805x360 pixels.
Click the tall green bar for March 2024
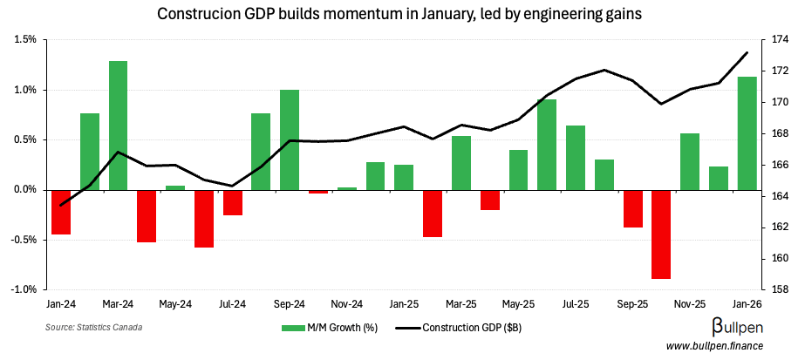coord(118,125)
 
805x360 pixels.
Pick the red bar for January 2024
coord(61,212)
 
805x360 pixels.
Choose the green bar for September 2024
coord(290,139)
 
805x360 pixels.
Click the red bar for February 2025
coord(433,213)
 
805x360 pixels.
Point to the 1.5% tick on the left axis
coord(25,40)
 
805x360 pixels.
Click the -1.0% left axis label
coord(24,289)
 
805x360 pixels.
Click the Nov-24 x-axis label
coord(347,305)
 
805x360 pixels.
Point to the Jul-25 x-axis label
coord(576,305)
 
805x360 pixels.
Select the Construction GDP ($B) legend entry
coord(462,328)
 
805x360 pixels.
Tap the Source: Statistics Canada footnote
coord(93,328)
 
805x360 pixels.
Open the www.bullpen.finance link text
coord(715,347)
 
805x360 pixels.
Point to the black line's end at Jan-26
coord(747,52)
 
